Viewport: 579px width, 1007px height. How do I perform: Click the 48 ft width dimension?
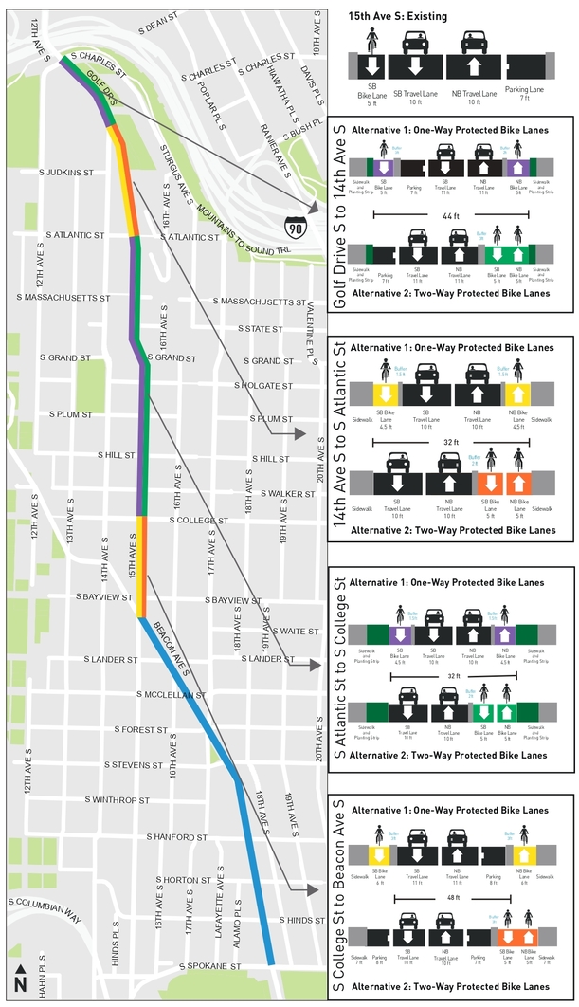[x=453, y=897]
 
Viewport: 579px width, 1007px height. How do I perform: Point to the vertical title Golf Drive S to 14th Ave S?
[x=338, y=214]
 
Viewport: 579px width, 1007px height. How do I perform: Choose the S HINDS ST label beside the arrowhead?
[x=303, y=920]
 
